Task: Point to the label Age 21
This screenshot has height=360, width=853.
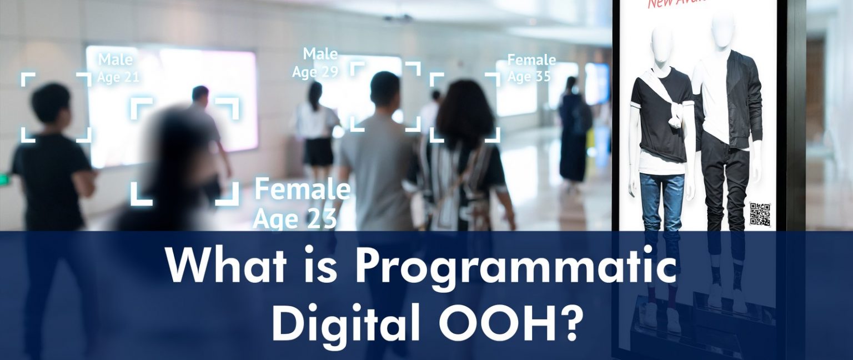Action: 118,77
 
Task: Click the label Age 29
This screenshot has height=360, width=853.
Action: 315,72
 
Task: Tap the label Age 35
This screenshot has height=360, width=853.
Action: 529,76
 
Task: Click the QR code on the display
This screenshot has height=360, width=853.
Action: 760,214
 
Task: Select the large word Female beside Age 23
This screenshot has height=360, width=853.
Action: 302,190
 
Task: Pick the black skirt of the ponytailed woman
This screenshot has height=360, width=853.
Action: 319,152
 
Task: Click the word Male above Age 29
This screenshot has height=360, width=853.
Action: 320,54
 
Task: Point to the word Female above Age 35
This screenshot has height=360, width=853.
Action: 531,59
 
